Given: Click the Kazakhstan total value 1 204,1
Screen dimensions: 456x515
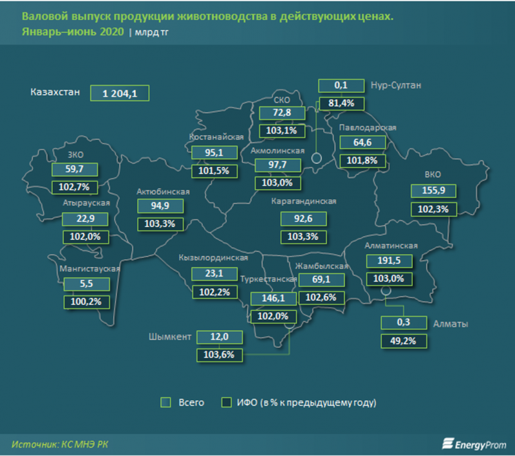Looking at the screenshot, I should (120, 93).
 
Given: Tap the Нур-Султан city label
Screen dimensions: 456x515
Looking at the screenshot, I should (394, 85).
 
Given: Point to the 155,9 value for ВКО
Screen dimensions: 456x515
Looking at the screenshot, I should (433, 190).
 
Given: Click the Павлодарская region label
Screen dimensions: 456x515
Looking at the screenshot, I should (368, 127).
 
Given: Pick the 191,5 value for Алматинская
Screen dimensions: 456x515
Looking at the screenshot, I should (388, 260).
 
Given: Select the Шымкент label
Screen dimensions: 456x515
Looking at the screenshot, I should (169, 336).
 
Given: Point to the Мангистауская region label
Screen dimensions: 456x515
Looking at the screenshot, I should (90, 269).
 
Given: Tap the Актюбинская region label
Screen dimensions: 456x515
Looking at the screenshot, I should (163, 191).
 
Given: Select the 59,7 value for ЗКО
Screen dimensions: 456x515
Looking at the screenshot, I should (77, 169).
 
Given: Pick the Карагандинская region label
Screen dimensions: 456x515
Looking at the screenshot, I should (304, 201).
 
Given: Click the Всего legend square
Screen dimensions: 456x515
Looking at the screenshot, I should (165, 403).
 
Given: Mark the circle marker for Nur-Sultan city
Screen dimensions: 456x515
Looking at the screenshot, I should (317, 158).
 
